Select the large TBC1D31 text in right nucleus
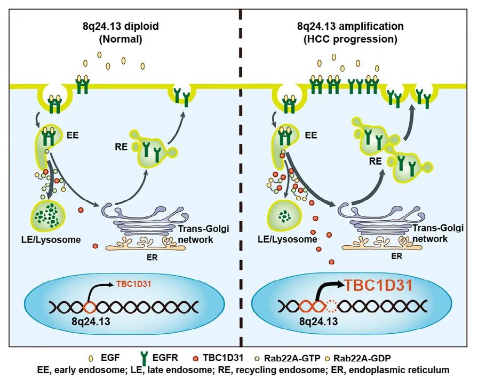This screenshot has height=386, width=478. pyautogui.click(x=378, y=285)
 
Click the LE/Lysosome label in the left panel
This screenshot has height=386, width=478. pyautogui.click(x=57, y=239)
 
